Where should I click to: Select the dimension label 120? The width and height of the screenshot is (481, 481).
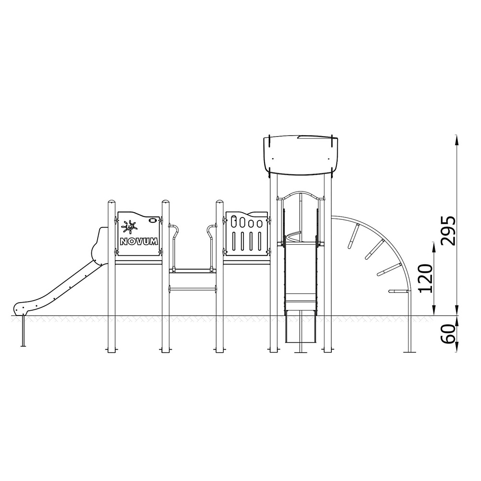(x=426, y=278)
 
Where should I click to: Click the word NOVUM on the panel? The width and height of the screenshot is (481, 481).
(x=139, y=241)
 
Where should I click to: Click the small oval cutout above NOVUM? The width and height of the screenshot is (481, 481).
(x=152, y=220)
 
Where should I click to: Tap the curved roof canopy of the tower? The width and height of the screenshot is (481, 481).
(x=301, y=155)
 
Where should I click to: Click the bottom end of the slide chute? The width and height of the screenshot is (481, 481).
(x=20, y=309)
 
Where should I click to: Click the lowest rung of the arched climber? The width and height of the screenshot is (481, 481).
(x=398, y=291)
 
